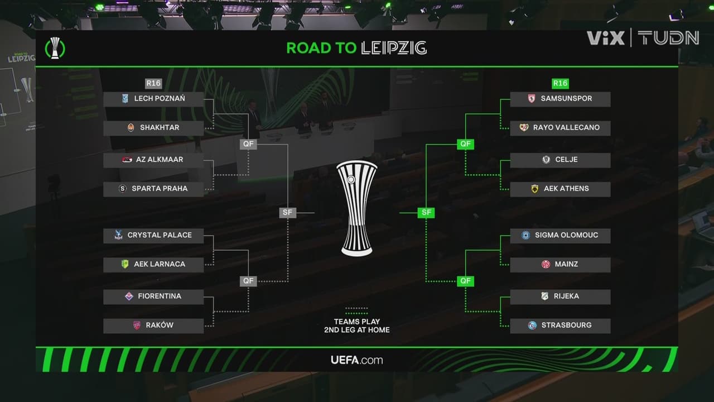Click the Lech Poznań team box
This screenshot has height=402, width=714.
tap(153, 99)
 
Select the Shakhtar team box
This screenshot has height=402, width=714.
tap(153, 128)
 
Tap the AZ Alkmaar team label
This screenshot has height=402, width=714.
tap(153, 160)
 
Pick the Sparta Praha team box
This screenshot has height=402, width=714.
tap(153, 189)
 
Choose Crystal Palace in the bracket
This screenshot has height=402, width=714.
tap(153, 235)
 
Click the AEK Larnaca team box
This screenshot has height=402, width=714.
tap(153, 264)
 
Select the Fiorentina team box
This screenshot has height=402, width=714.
tap(153, 296)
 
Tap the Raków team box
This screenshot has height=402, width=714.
tap(153, 326)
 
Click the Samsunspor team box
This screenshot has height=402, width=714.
tap(560, 99)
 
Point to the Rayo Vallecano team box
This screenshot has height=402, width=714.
tap(560, 128)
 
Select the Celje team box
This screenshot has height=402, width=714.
tap(560, 160)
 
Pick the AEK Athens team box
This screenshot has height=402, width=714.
tap(560, 189)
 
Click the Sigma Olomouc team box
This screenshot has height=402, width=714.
tap(560, 235)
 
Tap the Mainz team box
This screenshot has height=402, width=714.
tap(560, 264)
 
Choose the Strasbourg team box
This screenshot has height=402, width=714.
tap(560, 326)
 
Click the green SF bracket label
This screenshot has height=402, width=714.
tap(426, 213)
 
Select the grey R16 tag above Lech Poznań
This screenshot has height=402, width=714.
tap(153, 84)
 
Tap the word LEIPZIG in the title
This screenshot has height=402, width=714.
tap(394, 48)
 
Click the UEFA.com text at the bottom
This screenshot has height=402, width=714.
tap(357, 360)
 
